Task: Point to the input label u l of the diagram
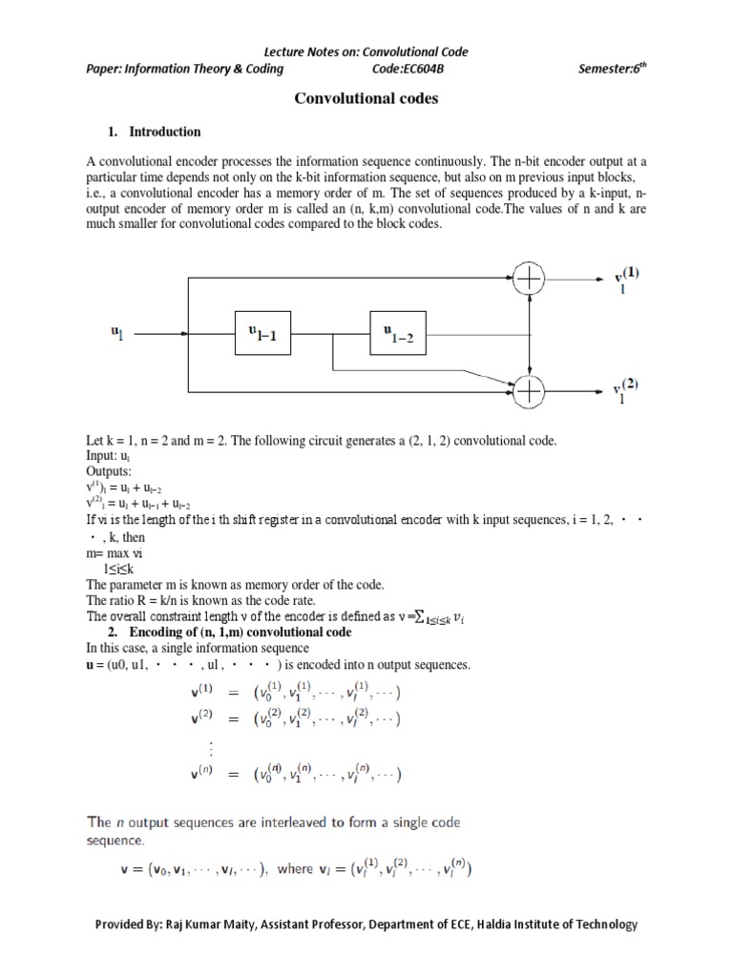117,333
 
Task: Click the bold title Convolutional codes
366,97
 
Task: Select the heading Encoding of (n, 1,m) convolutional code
240,632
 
